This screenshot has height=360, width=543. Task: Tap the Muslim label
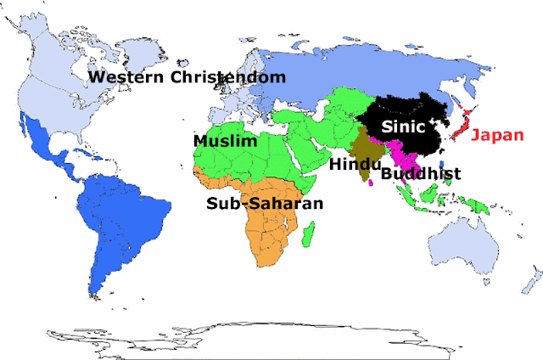point(225,141)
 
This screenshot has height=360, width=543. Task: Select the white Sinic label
point(400,127)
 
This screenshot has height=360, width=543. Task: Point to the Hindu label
point(354,163)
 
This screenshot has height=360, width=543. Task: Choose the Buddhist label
point(421,174)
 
